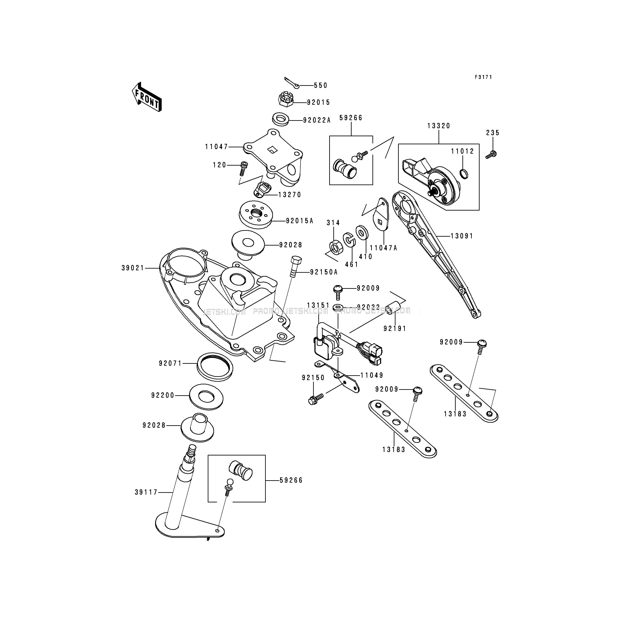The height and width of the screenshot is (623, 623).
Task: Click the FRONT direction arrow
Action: pos(147,97)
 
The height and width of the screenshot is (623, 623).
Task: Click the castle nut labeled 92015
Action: pos(285,100)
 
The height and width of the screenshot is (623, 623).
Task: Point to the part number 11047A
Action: pos(383,248)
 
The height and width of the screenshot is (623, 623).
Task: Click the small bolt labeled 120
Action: pos(244,168)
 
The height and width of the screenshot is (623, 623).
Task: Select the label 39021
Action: pos(133,268)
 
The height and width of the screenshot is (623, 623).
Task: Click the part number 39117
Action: pos(146,492)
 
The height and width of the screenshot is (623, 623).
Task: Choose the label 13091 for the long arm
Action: pos(462,236)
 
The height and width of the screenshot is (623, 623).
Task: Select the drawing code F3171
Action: pos(483,77)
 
